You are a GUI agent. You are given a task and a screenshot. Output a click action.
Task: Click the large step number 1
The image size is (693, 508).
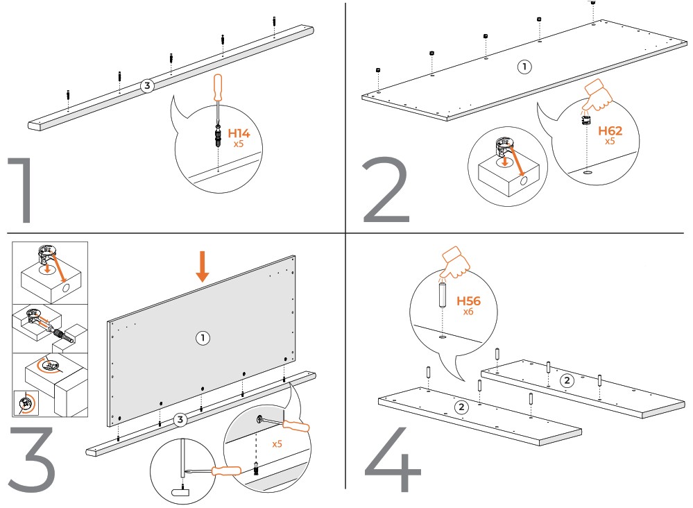[x=22, y=191]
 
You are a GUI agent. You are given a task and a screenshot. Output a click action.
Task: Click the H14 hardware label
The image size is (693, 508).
[x=239, y=133]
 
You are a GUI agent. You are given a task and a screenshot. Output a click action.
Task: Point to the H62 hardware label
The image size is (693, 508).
[x=610, y=130]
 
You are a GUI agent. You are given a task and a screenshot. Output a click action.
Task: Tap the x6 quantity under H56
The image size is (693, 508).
[x=469, y=313]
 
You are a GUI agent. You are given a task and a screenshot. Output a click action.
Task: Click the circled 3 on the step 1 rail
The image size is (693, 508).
[x=146, y=86]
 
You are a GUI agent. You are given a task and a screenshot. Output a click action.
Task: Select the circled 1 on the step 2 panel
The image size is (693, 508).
[x=524, y=67]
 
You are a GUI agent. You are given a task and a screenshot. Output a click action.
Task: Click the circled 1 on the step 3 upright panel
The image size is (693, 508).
[x=202, y=338]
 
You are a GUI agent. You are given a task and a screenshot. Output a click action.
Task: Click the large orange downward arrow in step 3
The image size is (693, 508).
[x=202, y=267]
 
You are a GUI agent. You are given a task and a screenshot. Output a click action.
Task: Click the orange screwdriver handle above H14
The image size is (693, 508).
[x=219, y=88]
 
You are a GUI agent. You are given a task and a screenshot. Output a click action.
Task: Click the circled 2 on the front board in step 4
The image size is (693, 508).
[x=461, y=407]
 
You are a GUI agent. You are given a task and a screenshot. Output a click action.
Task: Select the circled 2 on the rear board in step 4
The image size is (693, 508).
[x=567, y=380]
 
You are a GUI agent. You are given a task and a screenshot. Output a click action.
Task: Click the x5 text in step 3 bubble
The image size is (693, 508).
[x=277, y=443]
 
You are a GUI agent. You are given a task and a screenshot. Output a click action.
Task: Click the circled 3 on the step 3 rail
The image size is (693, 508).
[x=180, y=419]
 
